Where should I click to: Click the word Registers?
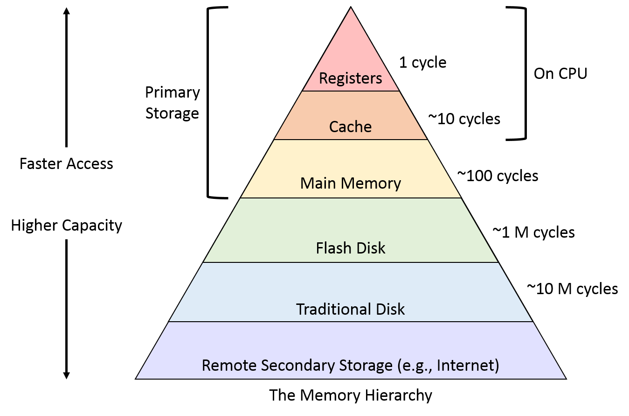(350, 78)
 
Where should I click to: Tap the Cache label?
(350, 127)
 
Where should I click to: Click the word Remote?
(229, 365)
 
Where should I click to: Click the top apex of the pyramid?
(351, 9)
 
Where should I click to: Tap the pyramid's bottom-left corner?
(137, 378)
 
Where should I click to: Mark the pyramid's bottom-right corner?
(565, 378)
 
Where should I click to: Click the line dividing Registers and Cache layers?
(351, 91)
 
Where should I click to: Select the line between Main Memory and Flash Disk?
(351, 198)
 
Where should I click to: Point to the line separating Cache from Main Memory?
(351, 140)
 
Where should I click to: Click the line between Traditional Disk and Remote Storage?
(351, 322)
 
